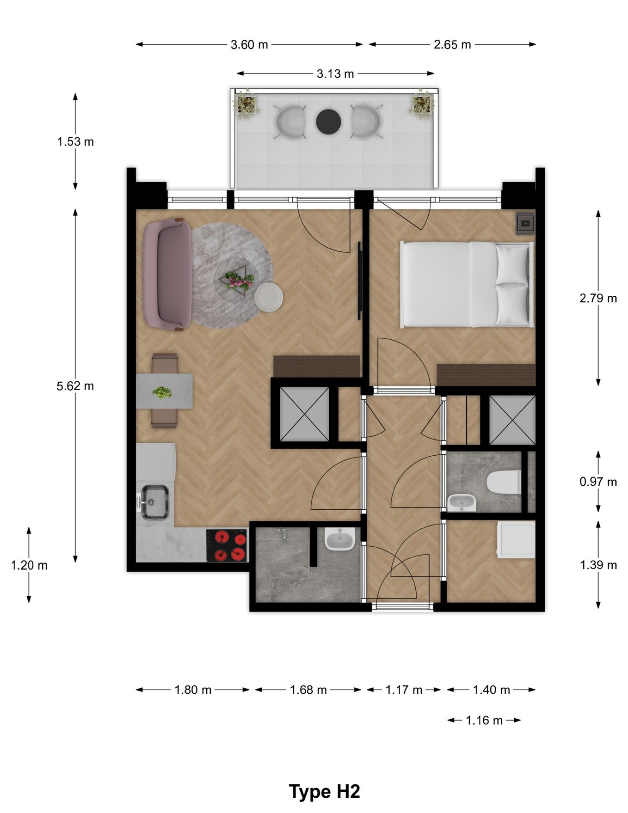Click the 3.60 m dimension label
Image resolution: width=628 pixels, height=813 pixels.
click(x=249, y=45)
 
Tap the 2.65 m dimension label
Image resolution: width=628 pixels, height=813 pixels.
click(x=452, y=45)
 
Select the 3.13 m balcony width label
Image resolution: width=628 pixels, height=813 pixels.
click(x=335, y=73)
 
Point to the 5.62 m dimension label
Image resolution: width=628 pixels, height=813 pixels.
click(x=75, y=386)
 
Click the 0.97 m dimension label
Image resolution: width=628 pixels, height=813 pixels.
click(x=598, y=482)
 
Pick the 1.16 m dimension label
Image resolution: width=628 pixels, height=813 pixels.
click(x=484, y=721)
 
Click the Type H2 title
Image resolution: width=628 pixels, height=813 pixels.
click(x=325, y=792)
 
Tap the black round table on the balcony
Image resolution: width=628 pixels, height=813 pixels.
click(x=328, y=122)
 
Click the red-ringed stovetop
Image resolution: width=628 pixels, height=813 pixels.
click(x=227, y=545)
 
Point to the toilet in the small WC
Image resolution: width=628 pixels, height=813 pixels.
click(x=504, y=482)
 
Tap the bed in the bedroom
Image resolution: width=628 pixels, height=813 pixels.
click(x=467, y=284)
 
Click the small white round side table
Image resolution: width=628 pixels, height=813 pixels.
click(x=269, y=297)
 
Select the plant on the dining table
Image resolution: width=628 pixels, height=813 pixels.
click(x=162, y=393)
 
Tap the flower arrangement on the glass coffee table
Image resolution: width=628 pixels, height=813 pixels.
click(x=239, y=281)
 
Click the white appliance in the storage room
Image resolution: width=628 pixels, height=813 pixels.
click(x=516, y=540)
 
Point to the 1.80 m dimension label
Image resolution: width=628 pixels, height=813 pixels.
click(x=193, y=690)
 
